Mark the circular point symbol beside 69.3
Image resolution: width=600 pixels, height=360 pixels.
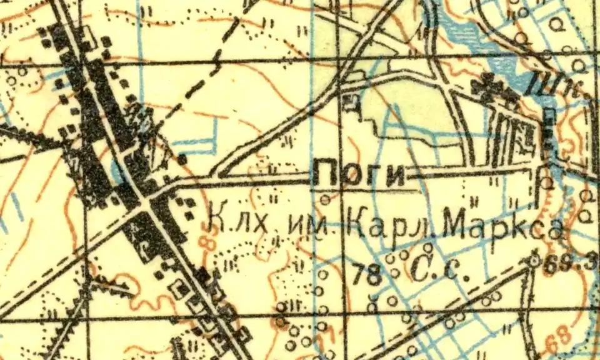[533, 262]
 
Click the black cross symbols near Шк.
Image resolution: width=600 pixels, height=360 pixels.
[494, 87]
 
